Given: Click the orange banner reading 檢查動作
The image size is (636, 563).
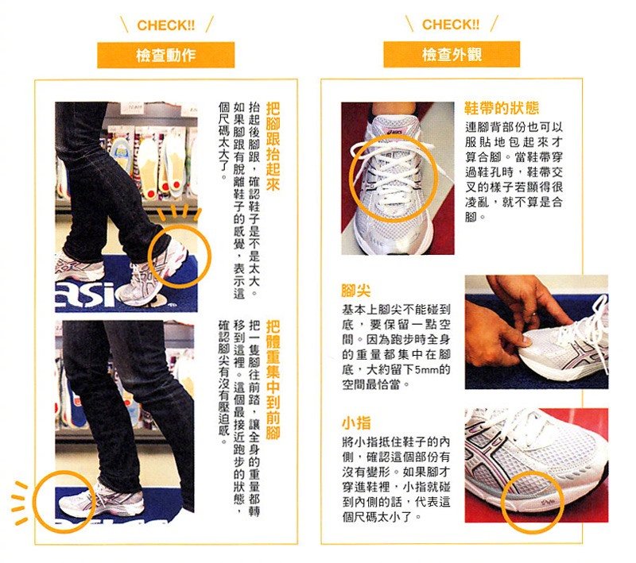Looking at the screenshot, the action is click(165, 55).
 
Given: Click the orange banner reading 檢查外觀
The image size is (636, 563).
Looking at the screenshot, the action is click(452, 54).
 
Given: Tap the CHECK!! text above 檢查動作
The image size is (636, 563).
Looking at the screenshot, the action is click(166, 25).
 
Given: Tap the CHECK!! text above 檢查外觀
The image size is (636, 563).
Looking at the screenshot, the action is click(451, 25).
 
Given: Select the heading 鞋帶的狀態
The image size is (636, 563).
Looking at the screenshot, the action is click(502, 108).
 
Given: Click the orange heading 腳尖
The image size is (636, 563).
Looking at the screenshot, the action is click(355, 291).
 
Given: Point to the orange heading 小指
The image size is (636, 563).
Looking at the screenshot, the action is click(355, 423).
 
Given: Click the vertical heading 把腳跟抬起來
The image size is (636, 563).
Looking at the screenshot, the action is click(273, 146).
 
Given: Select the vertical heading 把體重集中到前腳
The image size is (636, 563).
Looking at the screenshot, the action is click(273, 380).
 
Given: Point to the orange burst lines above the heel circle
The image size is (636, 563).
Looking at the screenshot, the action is click(179, 214).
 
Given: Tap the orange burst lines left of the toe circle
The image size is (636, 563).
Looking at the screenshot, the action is click(19, 503).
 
